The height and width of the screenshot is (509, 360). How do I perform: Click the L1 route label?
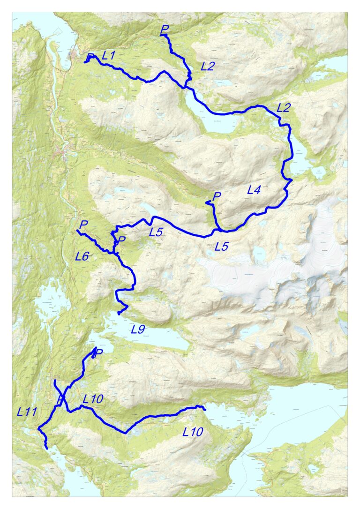108,55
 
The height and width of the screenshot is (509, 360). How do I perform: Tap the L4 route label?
254,190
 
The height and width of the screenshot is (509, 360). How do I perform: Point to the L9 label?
138,329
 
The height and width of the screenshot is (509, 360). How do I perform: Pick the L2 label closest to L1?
207,66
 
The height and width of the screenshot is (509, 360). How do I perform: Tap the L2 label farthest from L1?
284,108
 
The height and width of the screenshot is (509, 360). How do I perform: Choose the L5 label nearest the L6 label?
156,232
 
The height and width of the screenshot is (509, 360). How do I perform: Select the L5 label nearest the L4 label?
221,246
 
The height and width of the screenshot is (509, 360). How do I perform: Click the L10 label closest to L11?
92,400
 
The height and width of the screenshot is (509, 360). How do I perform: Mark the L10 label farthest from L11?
193,432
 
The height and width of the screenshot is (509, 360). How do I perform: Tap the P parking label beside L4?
216,196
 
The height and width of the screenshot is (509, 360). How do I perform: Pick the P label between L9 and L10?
98,353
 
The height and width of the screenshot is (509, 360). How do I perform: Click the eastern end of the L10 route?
205,409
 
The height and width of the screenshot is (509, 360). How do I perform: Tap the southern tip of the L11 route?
47,449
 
